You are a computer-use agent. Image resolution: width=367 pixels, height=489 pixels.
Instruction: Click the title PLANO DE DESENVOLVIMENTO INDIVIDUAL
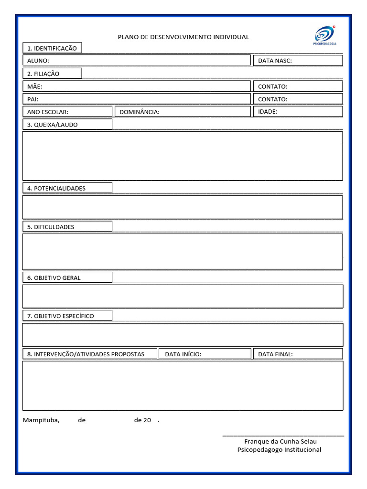[183, 37]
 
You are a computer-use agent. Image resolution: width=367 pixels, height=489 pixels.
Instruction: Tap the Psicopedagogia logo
[325, 36]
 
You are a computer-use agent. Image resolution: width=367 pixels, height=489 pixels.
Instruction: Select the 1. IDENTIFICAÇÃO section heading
[52, 48]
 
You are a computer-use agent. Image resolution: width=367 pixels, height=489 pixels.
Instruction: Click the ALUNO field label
[38, 61]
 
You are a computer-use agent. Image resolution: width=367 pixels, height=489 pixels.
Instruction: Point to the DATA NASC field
[297, 61]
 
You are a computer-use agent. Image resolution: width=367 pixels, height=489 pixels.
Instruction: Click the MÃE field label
[34, 86]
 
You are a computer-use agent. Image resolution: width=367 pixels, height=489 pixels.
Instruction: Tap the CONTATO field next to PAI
[297, 99]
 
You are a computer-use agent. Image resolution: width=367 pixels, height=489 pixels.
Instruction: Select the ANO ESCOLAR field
[67, 112]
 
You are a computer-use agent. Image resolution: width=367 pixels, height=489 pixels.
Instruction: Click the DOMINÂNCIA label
[140, 112]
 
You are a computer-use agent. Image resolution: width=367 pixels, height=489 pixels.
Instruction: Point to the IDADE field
[297, 112]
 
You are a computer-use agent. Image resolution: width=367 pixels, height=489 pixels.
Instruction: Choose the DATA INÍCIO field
[205, 354]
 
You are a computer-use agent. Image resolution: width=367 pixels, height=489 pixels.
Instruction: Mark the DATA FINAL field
[297, 354]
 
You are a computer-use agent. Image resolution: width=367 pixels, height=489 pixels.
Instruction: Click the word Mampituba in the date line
[41, 420]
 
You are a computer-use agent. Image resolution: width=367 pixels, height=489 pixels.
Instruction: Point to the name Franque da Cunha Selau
[280, 441]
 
